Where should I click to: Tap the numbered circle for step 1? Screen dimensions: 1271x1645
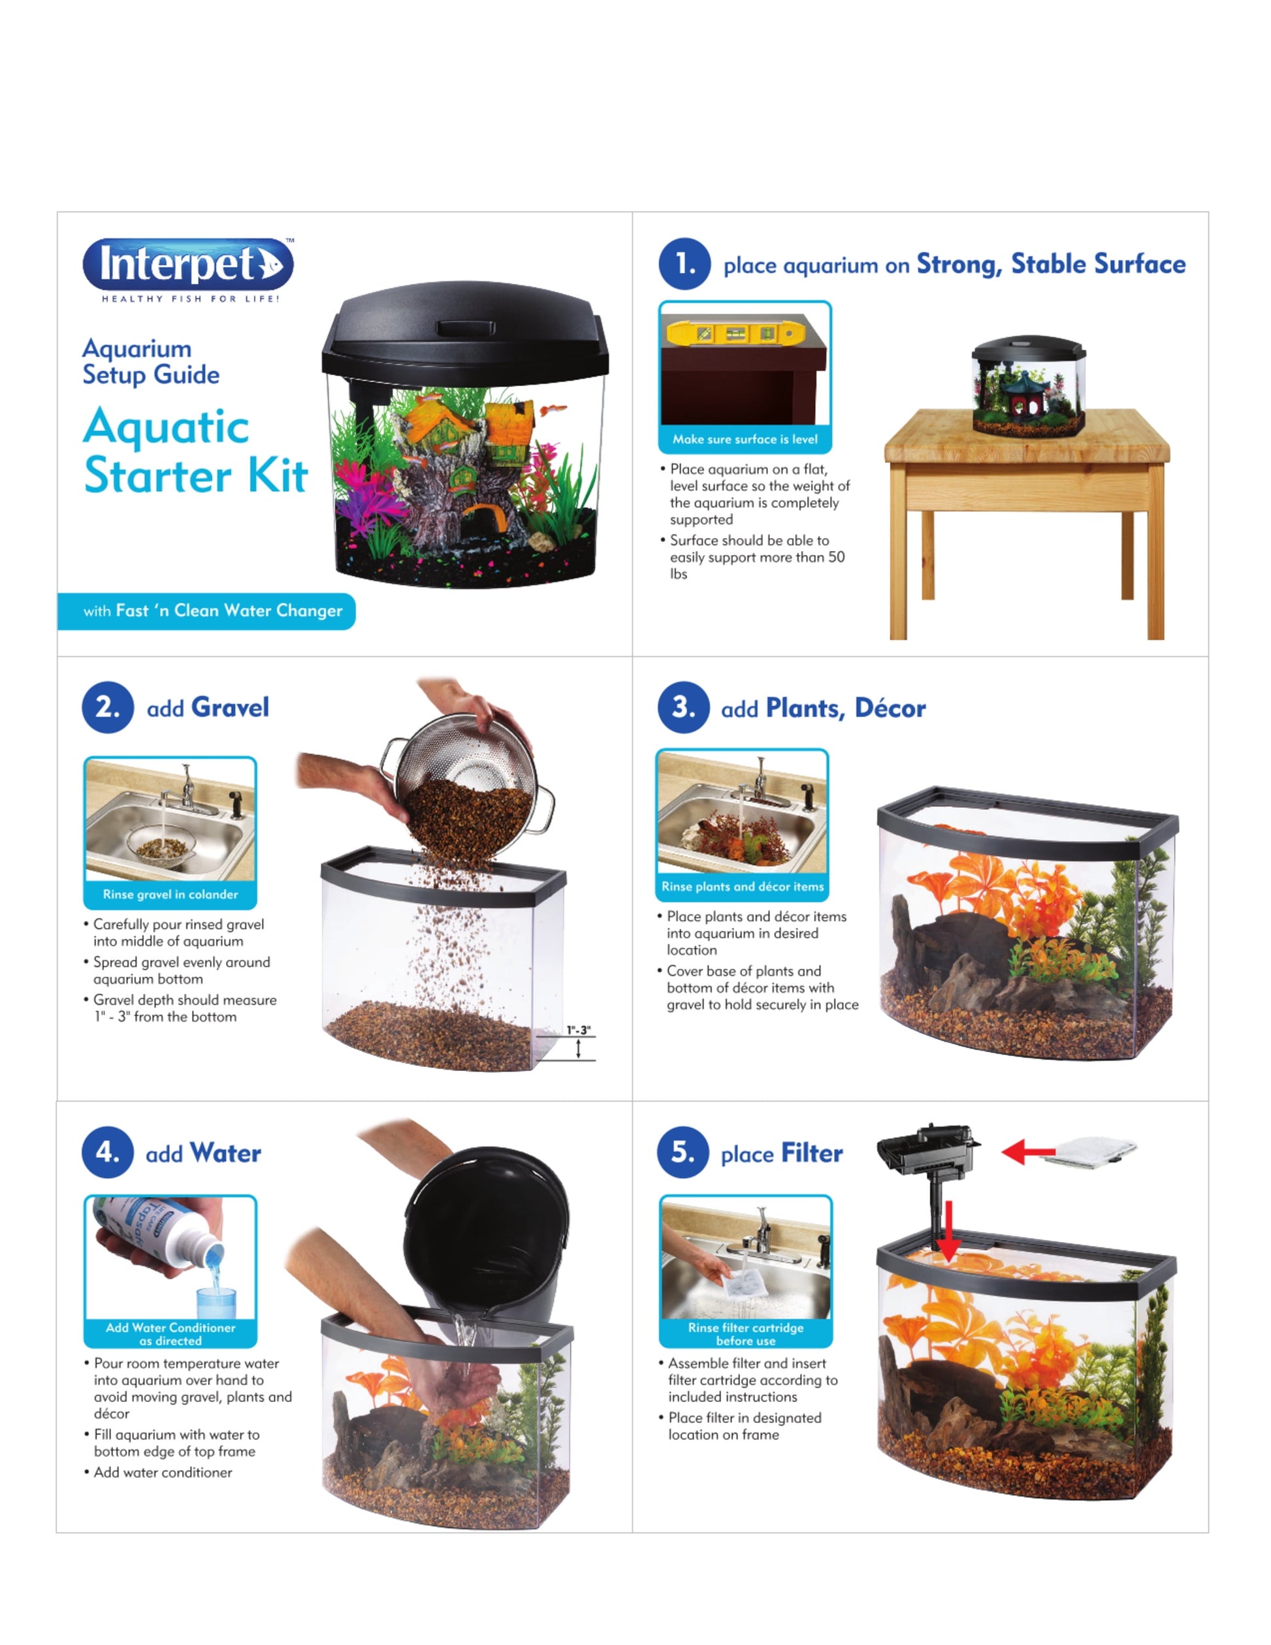pos(684,264)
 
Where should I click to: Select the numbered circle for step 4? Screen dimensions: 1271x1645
pos(108,1153)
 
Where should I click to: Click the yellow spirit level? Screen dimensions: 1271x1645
pos(735,333)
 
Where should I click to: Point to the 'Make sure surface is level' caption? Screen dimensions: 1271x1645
pos(745,439)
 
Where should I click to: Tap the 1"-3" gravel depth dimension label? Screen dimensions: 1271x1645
pos(579,1030)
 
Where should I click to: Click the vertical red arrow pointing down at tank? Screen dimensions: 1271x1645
pos(948,1232)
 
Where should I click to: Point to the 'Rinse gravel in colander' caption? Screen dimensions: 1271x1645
pos(170,894)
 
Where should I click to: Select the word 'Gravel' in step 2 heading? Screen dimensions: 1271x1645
pos(230,707)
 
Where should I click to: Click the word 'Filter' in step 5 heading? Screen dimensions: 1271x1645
pos(811,1153)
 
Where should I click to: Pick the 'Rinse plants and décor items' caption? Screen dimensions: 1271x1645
pos(743,887)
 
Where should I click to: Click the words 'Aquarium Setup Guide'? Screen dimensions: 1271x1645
pos(151,362)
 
